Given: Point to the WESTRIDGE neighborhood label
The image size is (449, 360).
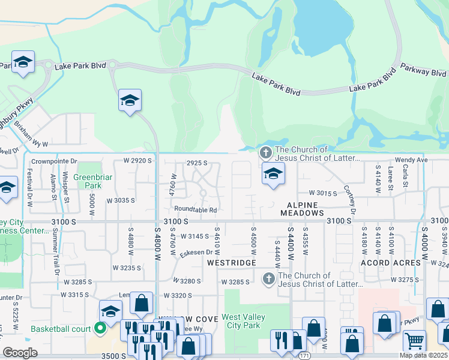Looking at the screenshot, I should tap(232, 263).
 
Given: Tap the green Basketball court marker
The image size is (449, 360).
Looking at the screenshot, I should tap(100, 329).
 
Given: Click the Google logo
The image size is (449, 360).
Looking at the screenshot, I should tap(20, 353).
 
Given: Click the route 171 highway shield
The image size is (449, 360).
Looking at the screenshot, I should tap(304, 356).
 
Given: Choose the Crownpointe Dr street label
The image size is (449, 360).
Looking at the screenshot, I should tap(55, 161).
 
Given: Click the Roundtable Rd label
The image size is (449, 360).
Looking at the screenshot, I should tap(195, 209).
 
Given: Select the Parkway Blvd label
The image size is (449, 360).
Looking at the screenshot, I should tap(424, 72).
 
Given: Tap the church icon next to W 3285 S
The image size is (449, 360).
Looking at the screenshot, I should tap(268, 278).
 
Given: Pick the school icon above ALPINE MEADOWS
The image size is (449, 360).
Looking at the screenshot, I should tap(273, 173).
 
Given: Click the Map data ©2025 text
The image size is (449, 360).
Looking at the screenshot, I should tap(423, 355).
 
